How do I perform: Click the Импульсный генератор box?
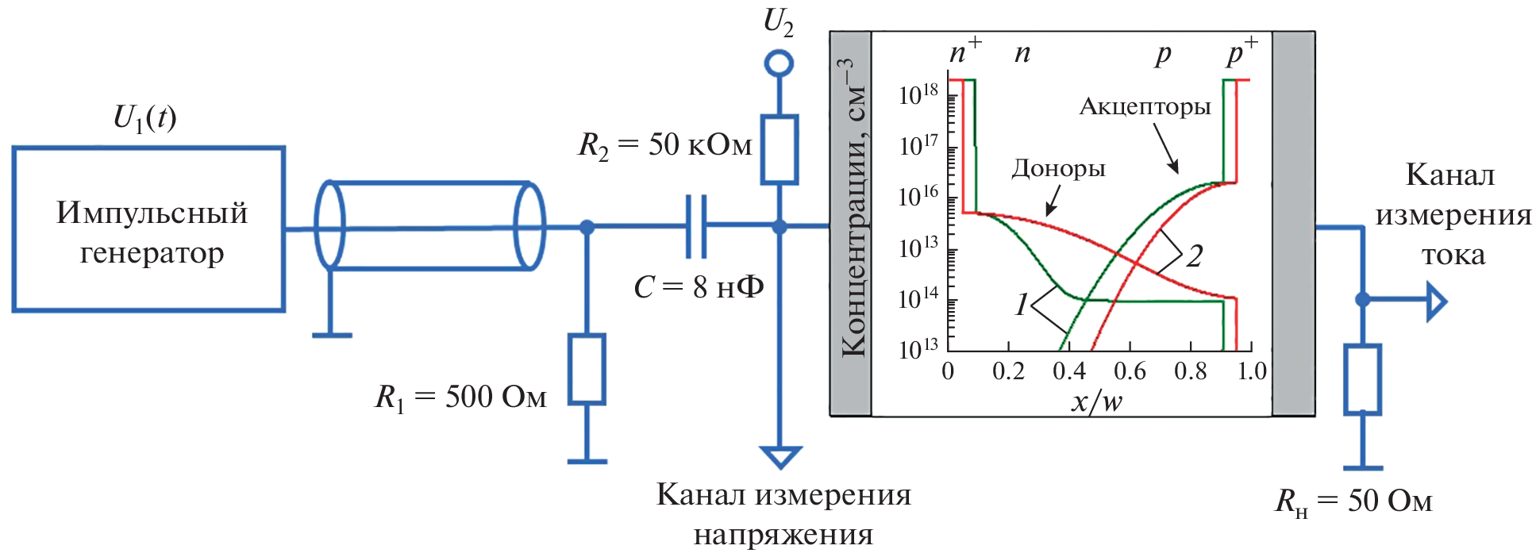click(148, 229)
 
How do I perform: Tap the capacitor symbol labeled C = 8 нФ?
click(696, 226)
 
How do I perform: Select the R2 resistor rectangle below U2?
click(779, 150)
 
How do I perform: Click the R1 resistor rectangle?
click(587, 369)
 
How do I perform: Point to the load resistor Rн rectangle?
click(1362, 379)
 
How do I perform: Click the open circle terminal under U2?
click(779, 63)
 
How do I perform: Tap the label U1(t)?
click(144, 117)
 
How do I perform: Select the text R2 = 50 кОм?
click(664, 145)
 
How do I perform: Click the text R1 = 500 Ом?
click(460, 397)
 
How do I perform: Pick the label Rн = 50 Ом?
click(1353, 501)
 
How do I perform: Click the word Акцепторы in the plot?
click(1145, 106)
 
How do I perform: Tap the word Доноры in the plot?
click(1058, 168)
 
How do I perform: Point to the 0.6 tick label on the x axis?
click(1129, 371)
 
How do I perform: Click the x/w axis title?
click(1096, 401)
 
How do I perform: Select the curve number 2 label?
click(1194, 256)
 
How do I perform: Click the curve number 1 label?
click(1022, 305)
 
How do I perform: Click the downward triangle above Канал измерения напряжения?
click(780, 455)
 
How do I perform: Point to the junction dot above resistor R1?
click(587, 228)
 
